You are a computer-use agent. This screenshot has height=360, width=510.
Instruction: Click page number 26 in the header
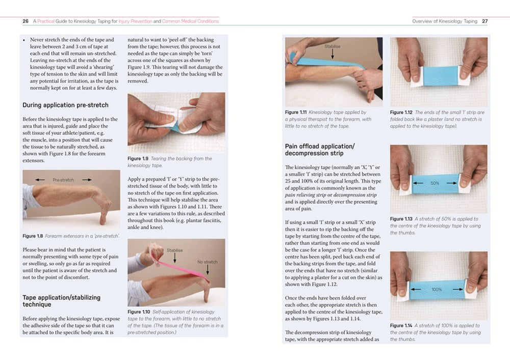click(25, 21)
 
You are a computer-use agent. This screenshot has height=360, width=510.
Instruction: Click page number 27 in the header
click(484, 21)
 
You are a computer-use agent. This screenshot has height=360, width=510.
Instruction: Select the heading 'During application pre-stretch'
click(65, 105)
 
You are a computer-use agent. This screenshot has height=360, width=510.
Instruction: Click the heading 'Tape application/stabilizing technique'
click(61, 301)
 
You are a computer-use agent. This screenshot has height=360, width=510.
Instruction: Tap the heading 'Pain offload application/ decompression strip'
click(319, 149)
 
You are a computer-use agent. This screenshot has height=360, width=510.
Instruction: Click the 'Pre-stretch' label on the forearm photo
click(63, 179)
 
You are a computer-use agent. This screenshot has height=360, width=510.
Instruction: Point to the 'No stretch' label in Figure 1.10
click(207, 262)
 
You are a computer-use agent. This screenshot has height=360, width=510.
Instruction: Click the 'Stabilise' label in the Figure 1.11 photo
click(332, 46)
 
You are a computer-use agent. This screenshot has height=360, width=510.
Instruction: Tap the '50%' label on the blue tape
click(435, 183)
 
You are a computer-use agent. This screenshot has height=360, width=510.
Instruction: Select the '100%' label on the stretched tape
click(437, 290)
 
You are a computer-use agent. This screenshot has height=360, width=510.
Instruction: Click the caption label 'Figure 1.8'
click(33, 236)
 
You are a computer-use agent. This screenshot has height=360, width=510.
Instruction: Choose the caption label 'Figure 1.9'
click(138, 159)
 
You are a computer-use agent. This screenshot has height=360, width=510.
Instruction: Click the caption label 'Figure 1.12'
click(401, 112)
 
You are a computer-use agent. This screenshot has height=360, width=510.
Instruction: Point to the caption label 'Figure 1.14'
click(401, 325)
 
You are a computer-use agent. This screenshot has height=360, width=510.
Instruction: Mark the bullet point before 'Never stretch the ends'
click(24, 40)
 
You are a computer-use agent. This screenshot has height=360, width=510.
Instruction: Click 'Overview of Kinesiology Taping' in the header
click(445, 21)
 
